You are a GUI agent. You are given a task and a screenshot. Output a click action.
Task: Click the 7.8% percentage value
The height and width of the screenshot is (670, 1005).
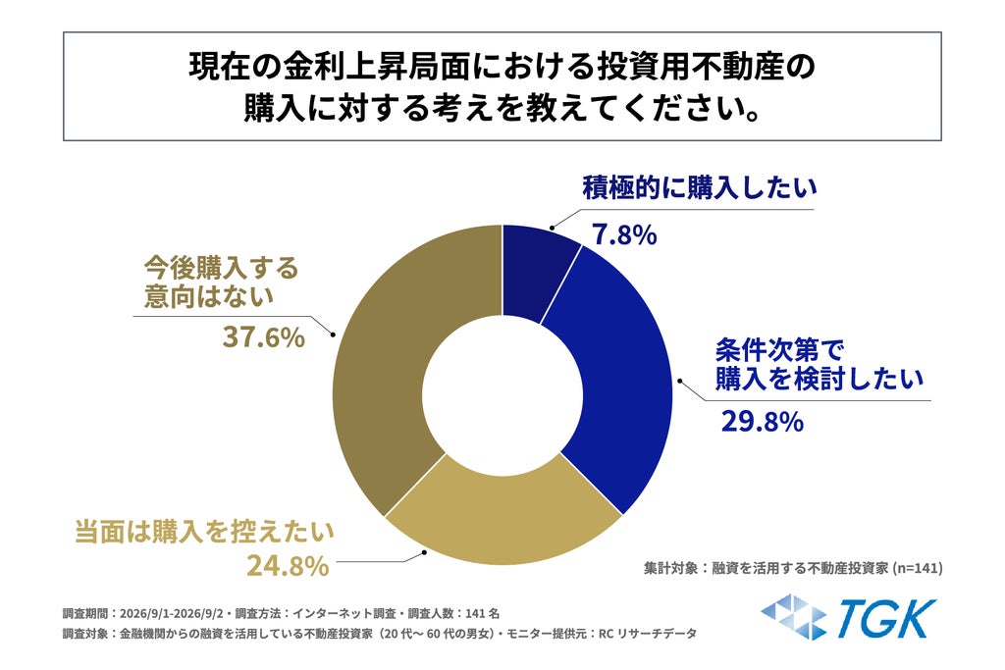pos(624,235)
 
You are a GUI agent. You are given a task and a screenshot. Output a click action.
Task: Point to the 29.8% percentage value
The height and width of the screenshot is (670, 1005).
pos(762,422)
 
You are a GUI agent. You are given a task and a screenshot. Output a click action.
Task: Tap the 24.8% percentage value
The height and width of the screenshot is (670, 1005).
pos(288,566)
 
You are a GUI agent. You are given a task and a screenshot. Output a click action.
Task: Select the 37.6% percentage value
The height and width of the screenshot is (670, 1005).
pos(263,336)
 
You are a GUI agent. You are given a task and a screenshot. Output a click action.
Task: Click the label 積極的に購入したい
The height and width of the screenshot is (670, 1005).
pos(699,187)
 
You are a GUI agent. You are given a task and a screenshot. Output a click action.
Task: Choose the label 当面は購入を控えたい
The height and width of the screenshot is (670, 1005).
pos(204,532)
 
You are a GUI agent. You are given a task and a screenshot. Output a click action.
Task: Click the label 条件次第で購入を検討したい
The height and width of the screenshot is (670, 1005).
pos(820,365)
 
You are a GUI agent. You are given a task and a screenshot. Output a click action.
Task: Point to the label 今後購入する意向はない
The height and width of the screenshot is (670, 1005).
pos(221,282)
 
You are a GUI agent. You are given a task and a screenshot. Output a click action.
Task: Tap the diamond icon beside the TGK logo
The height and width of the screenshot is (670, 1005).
pos(793,617)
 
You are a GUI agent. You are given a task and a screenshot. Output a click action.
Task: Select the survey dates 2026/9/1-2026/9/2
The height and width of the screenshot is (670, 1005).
pos(171,614)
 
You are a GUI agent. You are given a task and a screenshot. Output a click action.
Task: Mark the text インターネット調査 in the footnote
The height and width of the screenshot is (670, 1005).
pos(344,614)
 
